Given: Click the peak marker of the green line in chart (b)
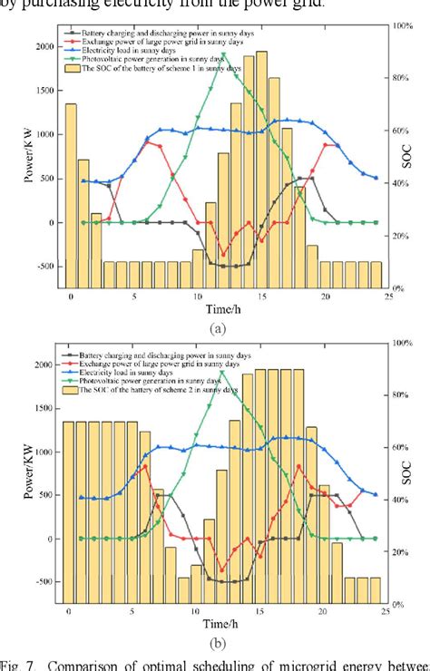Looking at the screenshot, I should [223, 372].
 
